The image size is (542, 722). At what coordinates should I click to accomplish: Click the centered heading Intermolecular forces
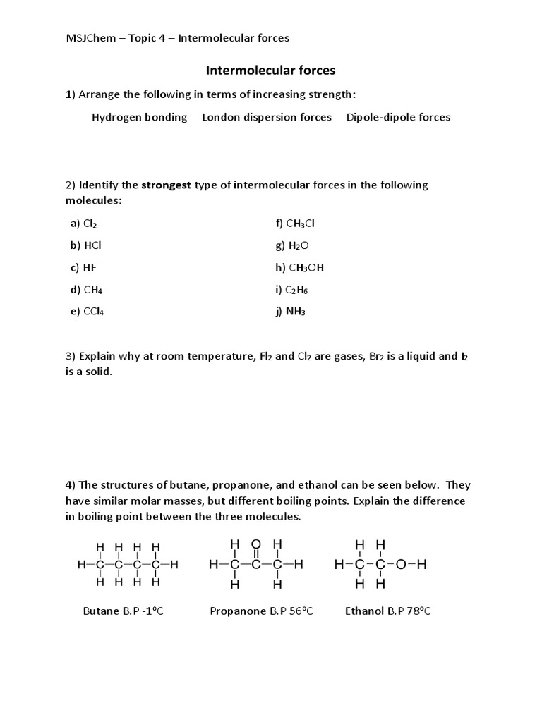(270, 71)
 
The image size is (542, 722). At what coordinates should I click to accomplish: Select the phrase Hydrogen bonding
(139, 117)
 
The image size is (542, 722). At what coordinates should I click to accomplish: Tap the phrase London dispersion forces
(267, 117)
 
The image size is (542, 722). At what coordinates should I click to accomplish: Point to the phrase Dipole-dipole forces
(398, 117)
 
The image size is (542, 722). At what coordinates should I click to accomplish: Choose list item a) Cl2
(83, 224)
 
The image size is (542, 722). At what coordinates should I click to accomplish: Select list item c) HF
(83, 267)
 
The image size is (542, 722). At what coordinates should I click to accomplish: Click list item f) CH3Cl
(295, 224)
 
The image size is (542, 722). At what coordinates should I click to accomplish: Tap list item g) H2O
(292, 245)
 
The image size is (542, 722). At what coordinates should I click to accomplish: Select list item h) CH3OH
(300, 267)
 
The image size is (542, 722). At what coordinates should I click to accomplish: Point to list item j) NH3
(291, 311)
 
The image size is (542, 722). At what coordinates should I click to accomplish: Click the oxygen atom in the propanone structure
(255, 545)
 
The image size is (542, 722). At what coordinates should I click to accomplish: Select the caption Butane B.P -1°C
(123, 611)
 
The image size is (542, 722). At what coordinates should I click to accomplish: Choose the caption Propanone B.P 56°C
(261, 611)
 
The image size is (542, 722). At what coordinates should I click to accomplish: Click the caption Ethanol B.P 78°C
(387, 611)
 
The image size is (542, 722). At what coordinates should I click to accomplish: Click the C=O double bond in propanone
(255, 555)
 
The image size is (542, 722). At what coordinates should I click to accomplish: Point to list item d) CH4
(86, 289)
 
